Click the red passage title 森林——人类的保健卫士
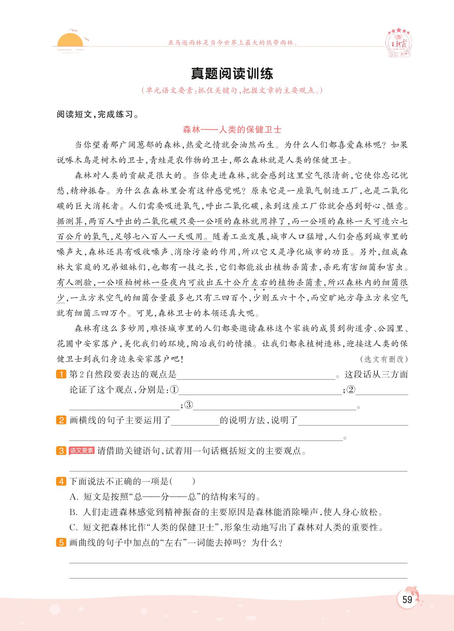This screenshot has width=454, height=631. [232, 129]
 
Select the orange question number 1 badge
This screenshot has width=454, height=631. [61, 374]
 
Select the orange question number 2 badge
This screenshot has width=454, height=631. [61, 420]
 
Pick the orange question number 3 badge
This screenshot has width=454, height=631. [61, 451]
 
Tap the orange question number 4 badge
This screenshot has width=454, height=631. [61, 481]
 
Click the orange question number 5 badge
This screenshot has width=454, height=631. [61, 542]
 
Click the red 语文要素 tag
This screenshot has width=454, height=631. [81, 450]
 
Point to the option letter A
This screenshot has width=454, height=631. [73, 497]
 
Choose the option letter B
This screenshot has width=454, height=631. [73, 512]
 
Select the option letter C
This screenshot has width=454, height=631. [73, 528]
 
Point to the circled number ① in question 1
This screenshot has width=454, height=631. [174, 390]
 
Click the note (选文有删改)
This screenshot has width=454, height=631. [384, 359]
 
